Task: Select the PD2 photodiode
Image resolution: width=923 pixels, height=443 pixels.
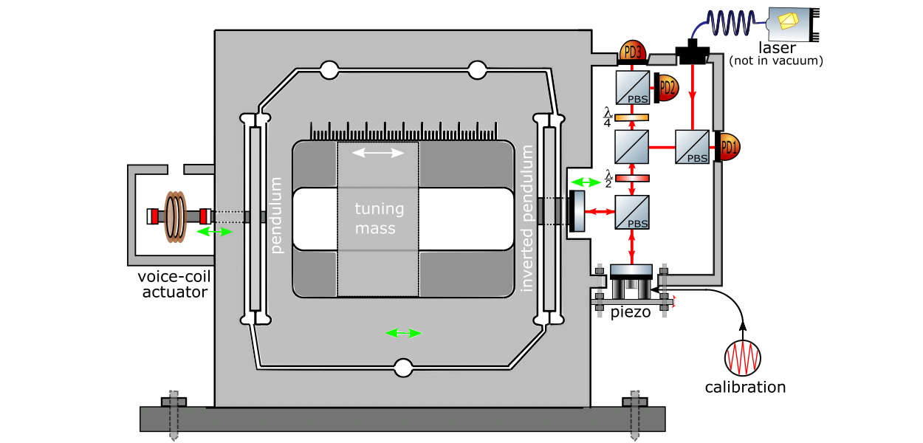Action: (x=667, y=87)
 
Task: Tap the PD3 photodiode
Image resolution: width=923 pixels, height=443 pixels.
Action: (x=632, y=52)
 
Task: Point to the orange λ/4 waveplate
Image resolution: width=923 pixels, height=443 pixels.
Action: (x=631, y=117)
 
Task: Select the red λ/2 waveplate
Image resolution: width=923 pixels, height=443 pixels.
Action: (x=631, y=178)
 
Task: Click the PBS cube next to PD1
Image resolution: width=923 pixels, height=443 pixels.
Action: (x=692, y=147)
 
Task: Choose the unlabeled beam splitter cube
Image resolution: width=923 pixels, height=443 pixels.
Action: (x=631, y=147)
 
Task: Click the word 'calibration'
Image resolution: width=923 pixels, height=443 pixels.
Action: (x=744, y=388)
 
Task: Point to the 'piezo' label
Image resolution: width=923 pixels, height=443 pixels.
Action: (x=631, y=312)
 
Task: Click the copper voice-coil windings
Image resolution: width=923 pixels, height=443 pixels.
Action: (x=176, y=216)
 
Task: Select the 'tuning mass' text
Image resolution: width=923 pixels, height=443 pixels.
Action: (x=379, y=219)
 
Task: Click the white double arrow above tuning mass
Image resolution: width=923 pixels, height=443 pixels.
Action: (x=378, y=153)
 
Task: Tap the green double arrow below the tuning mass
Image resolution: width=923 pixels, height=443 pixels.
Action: (x=403, y=333)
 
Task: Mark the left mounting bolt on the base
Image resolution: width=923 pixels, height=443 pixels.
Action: (x=174, y=413)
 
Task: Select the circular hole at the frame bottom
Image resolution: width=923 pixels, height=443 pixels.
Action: (x=403, y=367)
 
